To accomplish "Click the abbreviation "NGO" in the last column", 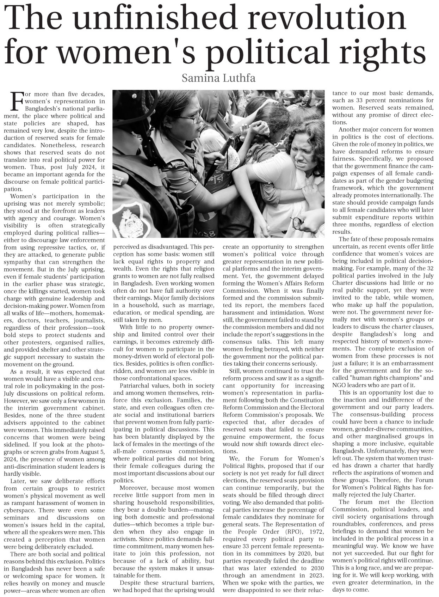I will [x=339, y=385].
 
